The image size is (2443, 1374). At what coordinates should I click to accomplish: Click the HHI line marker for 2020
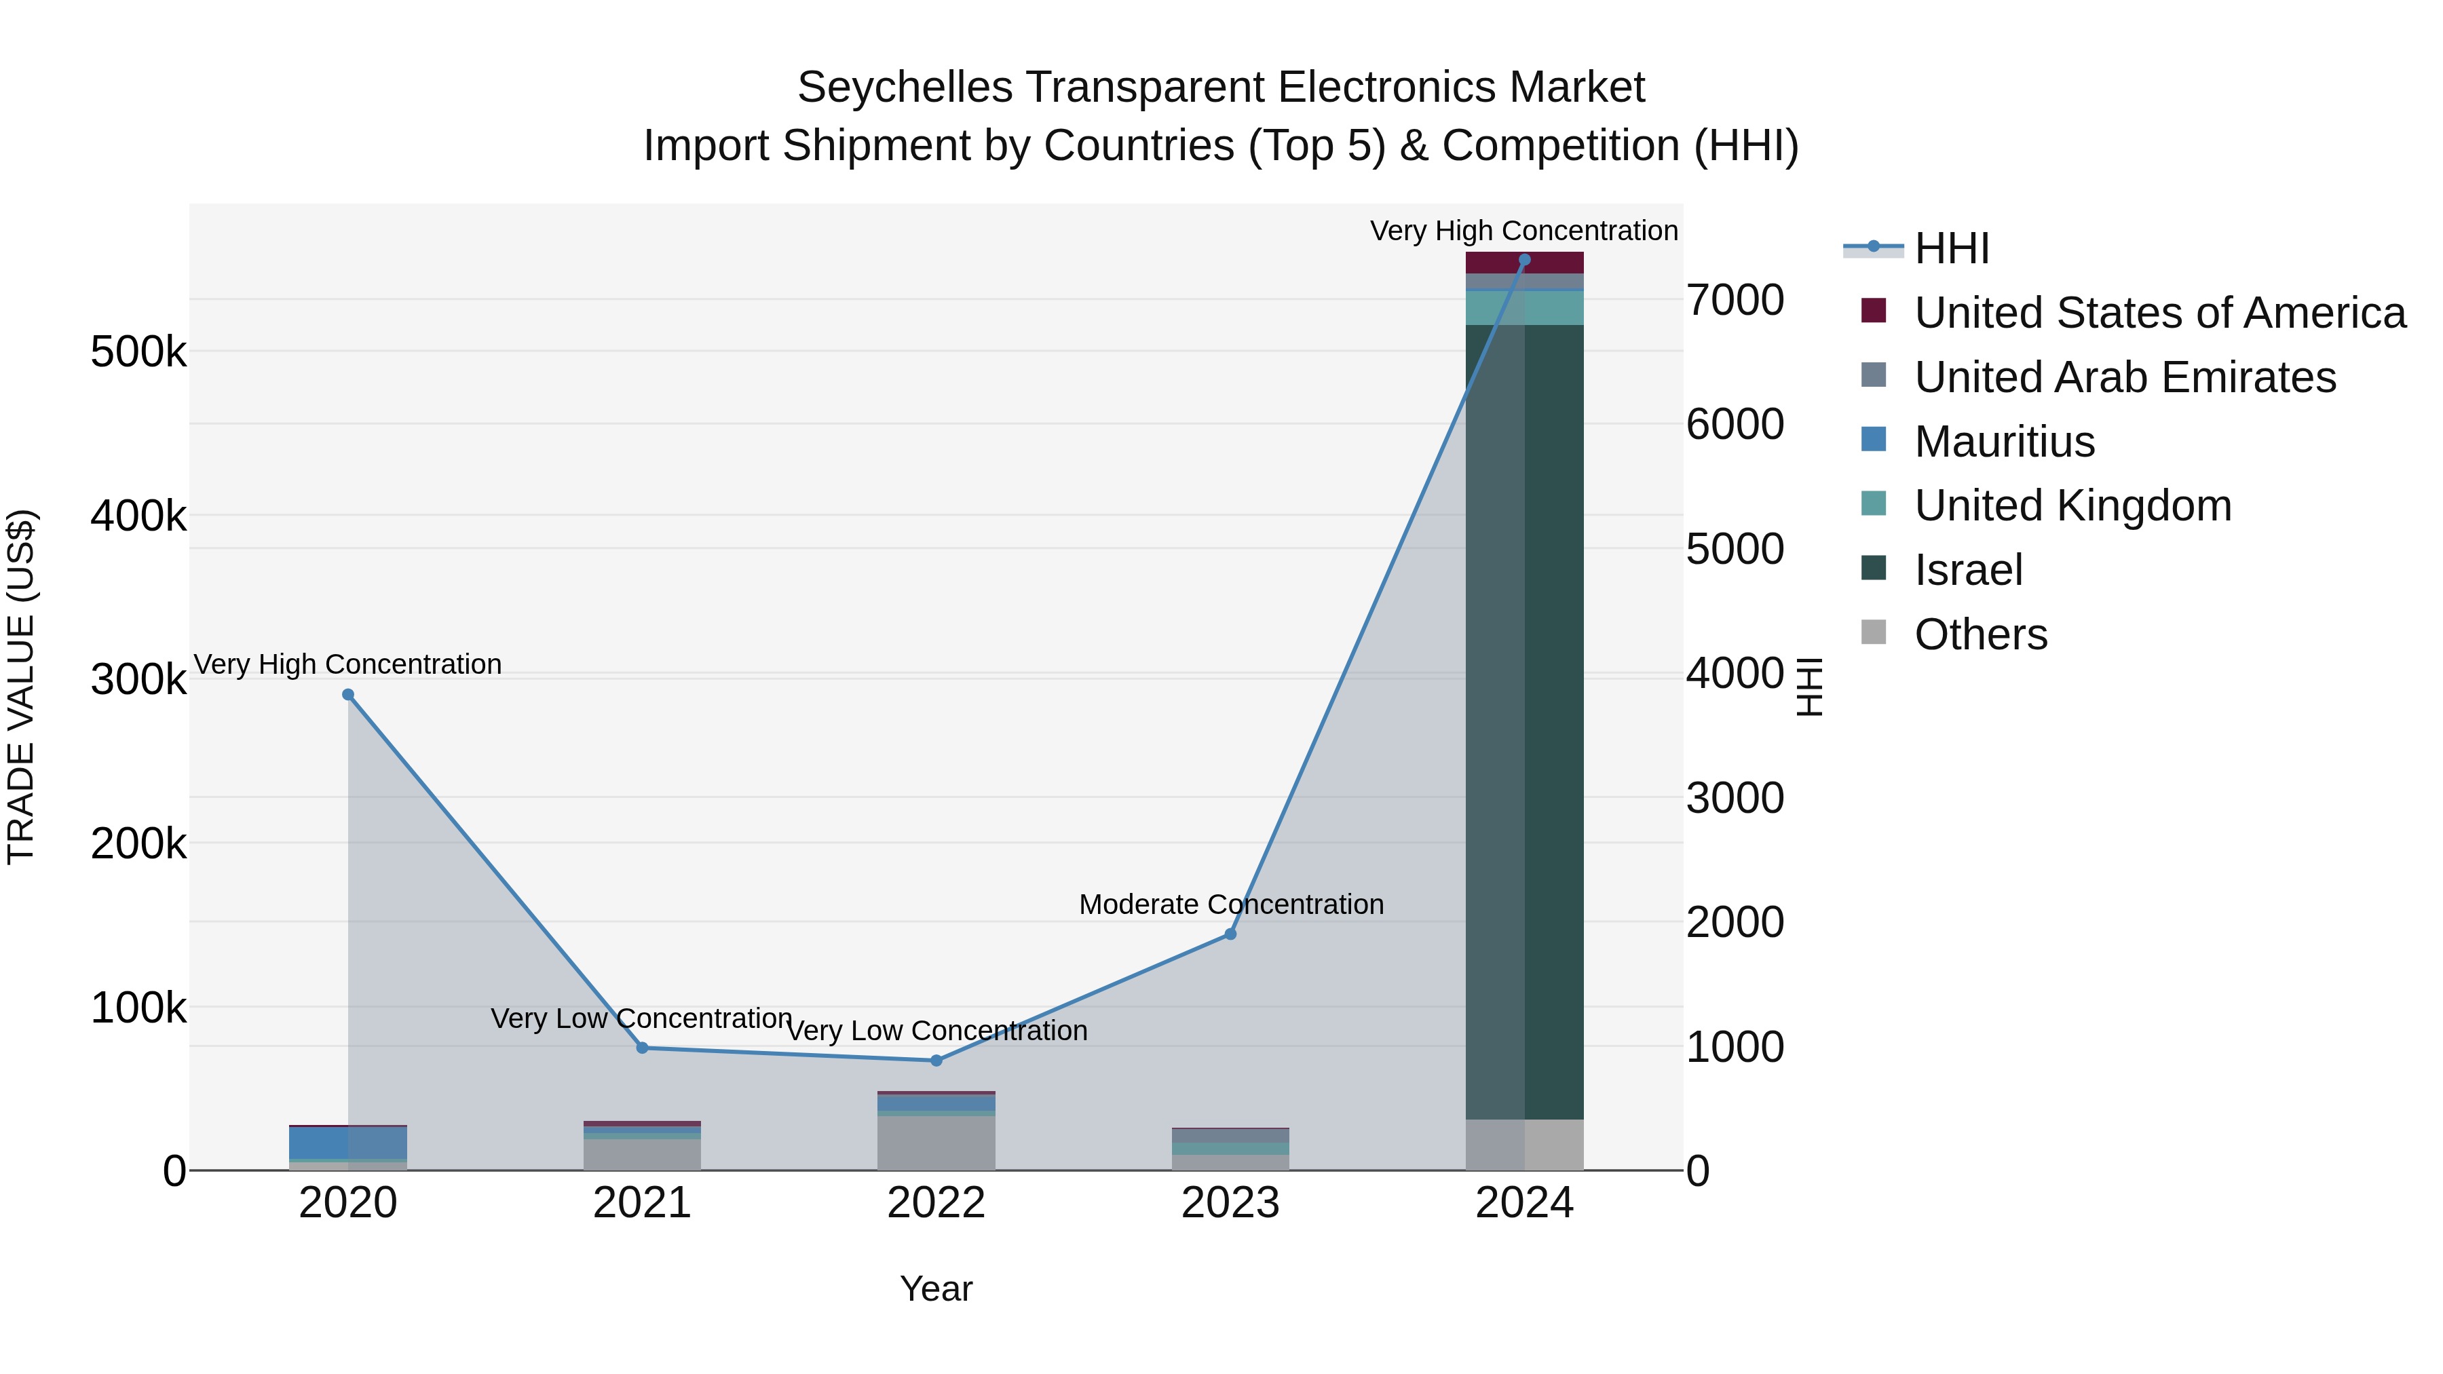coord(348,695)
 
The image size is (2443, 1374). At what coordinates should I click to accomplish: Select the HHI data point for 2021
coord(642,1048)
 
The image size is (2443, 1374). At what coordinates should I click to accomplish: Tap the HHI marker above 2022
coord(936,1060)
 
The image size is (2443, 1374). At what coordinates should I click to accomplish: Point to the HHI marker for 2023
coord(1230,934)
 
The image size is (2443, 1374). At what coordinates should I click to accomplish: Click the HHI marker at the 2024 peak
coord(1524,260)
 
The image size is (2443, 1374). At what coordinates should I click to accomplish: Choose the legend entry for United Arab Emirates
coord(2124,377)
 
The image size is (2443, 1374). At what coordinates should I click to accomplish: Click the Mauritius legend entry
coord(2004,442)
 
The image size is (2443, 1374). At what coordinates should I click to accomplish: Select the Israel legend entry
coord(1968,570)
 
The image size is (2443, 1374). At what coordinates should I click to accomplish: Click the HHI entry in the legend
coord(1951,248)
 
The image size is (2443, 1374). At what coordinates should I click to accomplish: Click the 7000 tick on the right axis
coord(1735,301)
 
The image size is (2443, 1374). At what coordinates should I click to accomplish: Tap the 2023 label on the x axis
coord(1230,1203)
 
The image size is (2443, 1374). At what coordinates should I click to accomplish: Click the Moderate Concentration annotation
coord(1231,904)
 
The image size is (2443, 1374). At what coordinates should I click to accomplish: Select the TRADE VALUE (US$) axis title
coord(21,687)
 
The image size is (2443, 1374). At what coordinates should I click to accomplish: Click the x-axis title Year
coord(936,1289)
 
